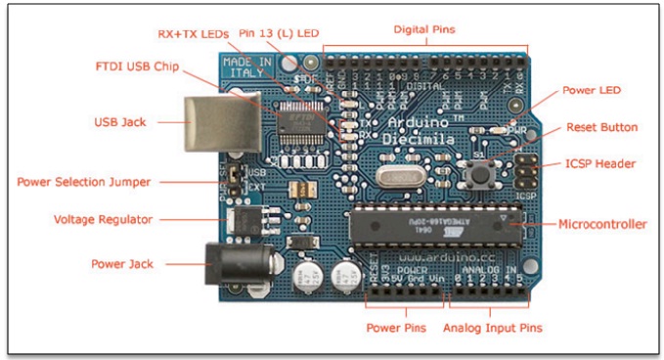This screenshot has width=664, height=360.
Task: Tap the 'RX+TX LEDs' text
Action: tap(194, 32)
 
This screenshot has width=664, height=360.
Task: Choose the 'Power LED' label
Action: tap(591, 91)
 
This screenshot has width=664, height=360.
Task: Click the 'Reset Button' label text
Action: tap(602, 127)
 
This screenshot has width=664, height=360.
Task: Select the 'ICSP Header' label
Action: tap(601, 163)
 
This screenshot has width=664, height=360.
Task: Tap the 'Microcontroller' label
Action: tap(602, 224)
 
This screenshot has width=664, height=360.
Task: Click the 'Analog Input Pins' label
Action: tap(494, 328)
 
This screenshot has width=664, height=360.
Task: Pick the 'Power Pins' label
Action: tap(394, 328)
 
